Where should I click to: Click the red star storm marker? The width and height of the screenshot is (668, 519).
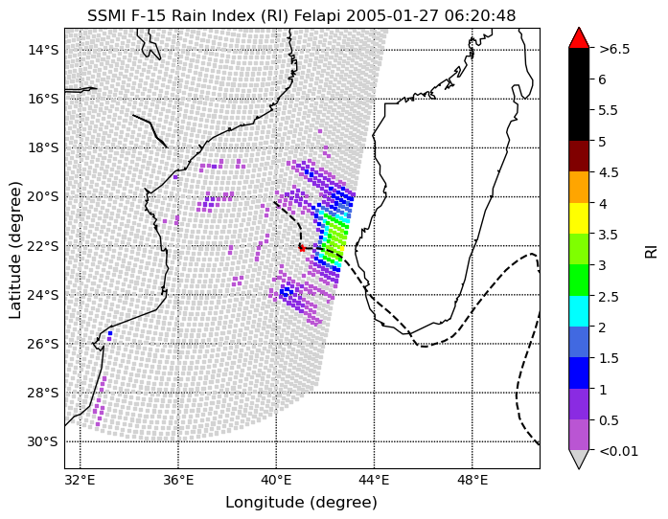[x=302, y=248]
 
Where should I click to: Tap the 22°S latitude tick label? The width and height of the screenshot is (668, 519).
[x=43, y=246]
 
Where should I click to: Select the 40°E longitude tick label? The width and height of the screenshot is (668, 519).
[x=276, y=481]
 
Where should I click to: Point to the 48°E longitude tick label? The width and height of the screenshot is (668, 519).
[x=472, y=481]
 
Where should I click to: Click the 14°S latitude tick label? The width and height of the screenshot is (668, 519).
[x=43, y=50]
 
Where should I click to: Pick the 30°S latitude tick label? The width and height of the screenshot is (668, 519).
[x=43, y=442]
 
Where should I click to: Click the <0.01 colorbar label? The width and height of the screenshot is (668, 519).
[x=618, y=451]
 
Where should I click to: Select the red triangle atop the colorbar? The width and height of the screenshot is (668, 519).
[x=579, y=38]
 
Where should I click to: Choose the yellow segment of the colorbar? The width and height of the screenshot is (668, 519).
[x=579, y=218]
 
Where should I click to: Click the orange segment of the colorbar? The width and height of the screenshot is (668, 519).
[x=579, y=187]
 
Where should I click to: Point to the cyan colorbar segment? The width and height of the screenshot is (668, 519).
[x=579, y=311]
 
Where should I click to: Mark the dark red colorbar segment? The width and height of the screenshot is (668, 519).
[x=579, y=156]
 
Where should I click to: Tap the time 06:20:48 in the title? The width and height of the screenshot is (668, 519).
[x=480, y=15]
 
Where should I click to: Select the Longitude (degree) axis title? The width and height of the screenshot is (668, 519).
[x=301, y=503]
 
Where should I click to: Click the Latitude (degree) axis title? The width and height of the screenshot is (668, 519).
[x=15, y=250]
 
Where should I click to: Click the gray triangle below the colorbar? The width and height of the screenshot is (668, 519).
[x=579, y=459]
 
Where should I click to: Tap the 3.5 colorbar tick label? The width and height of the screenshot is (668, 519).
[x=609, y=235]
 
